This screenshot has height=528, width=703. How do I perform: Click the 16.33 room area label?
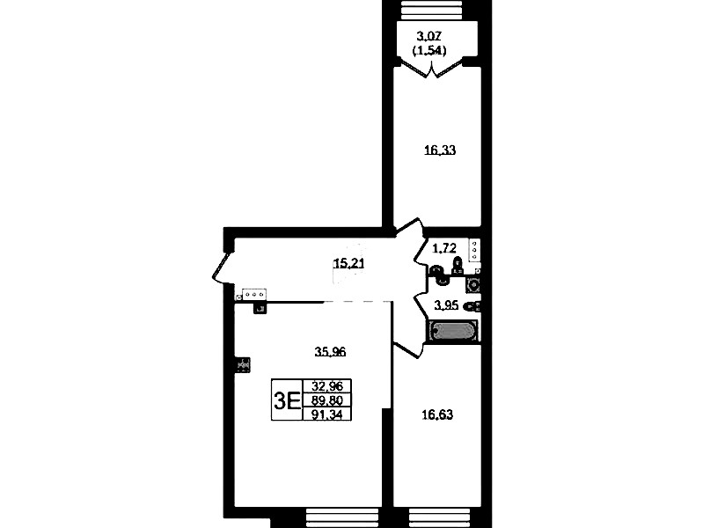click(x=440, y=150)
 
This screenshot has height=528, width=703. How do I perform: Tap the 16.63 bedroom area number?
click(x=437, y=415)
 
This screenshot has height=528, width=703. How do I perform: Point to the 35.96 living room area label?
click(x=330, y=352)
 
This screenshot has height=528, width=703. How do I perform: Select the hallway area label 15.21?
click(x=348, y=263)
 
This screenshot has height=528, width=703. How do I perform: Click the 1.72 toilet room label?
click(x=444, y=247)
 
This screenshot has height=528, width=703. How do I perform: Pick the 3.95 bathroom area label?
click(x=447, y=305)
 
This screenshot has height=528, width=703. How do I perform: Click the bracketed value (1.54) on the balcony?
click(x=429, y=51)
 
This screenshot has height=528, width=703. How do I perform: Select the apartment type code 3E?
click(x=287, y=400)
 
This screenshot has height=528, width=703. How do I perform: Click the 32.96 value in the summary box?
click(x=327, y=385)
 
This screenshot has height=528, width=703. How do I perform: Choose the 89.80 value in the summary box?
click(x=327, y=400)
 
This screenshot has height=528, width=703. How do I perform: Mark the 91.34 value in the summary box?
click(x=327, y=414)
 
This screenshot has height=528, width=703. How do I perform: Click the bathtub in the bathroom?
click(x=453, y=331)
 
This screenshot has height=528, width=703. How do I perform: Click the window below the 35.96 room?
click(x=343, y=517)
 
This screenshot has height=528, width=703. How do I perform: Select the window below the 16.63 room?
click(x=440, y=517)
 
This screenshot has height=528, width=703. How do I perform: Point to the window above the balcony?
click(x=432, y=10)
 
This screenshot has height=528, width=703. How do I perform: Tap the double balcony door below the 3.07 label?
click(x=431, y=68)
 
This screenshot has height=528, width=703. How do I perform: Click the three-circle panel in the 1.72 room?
click(x=474, y=250)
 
